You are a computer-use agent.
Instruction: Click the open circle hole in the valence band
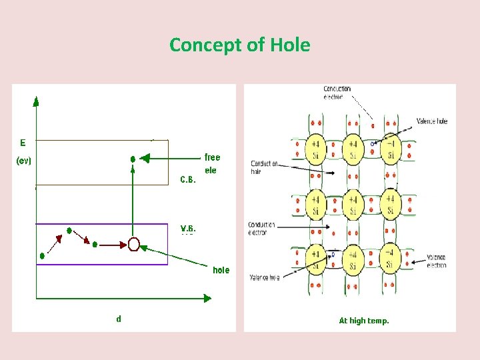tap(133, 245)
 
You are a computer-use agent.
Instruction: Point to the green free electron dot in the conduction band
tap(133, 159)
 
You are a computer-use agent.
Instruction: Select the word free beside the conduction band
tap(212, 157)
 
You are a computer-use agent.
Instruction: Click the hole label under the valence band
tap(221, 270)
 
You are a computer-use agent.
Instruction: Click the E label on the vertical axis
tap(23, 142)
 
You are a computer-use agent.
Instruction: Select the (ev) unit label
tap(23, 161)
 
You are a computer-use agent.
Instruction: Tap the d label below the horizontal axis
tap(119, 319)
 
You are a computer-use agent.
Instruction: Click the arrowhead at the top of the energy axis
tap(36, 101)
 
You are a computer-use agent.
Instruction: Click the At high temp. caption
tap(363, 321)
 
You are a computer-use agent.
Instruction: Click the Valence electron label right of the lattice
tap(437, 261)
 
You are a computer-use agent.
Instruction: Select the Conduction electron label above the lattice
tap(337, 93)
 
